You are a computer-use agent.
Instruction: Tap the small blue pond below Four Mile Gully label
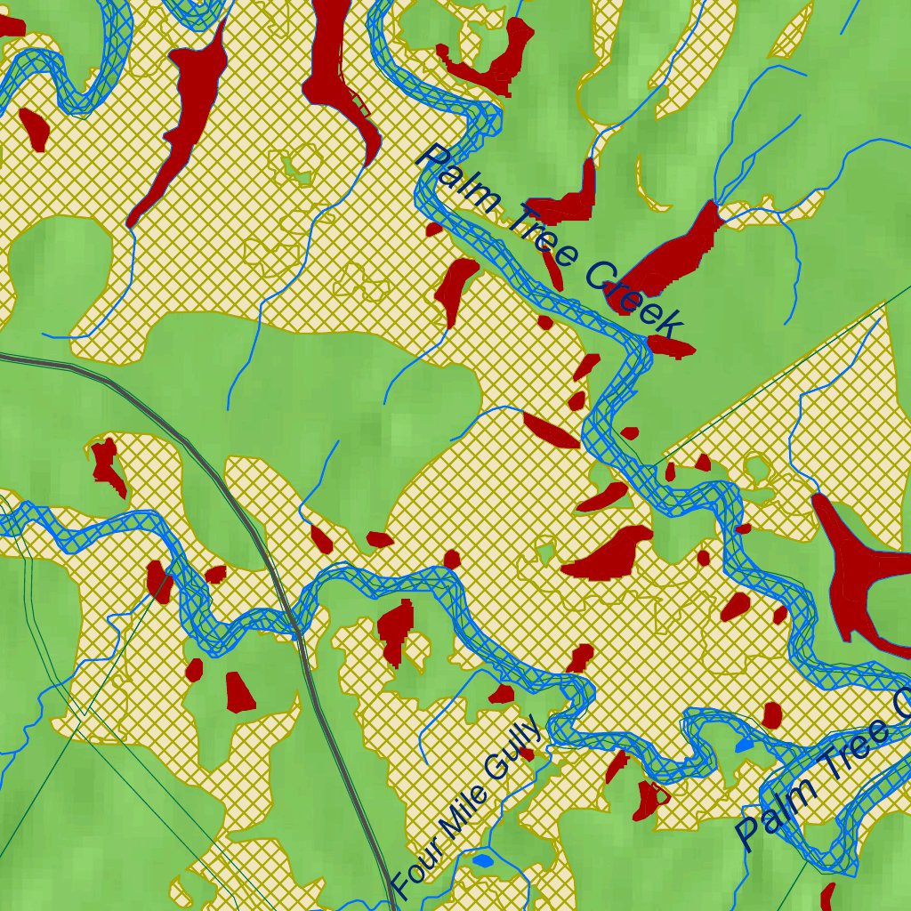(x=482, y=860)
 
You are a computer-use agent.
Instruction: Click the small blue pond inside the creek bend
(x=744, y=744)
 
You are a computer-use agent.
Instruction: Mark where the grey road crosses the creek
(x=294, y=628)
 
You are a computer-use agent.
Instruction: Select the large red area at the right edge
(x=859, y=569)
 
